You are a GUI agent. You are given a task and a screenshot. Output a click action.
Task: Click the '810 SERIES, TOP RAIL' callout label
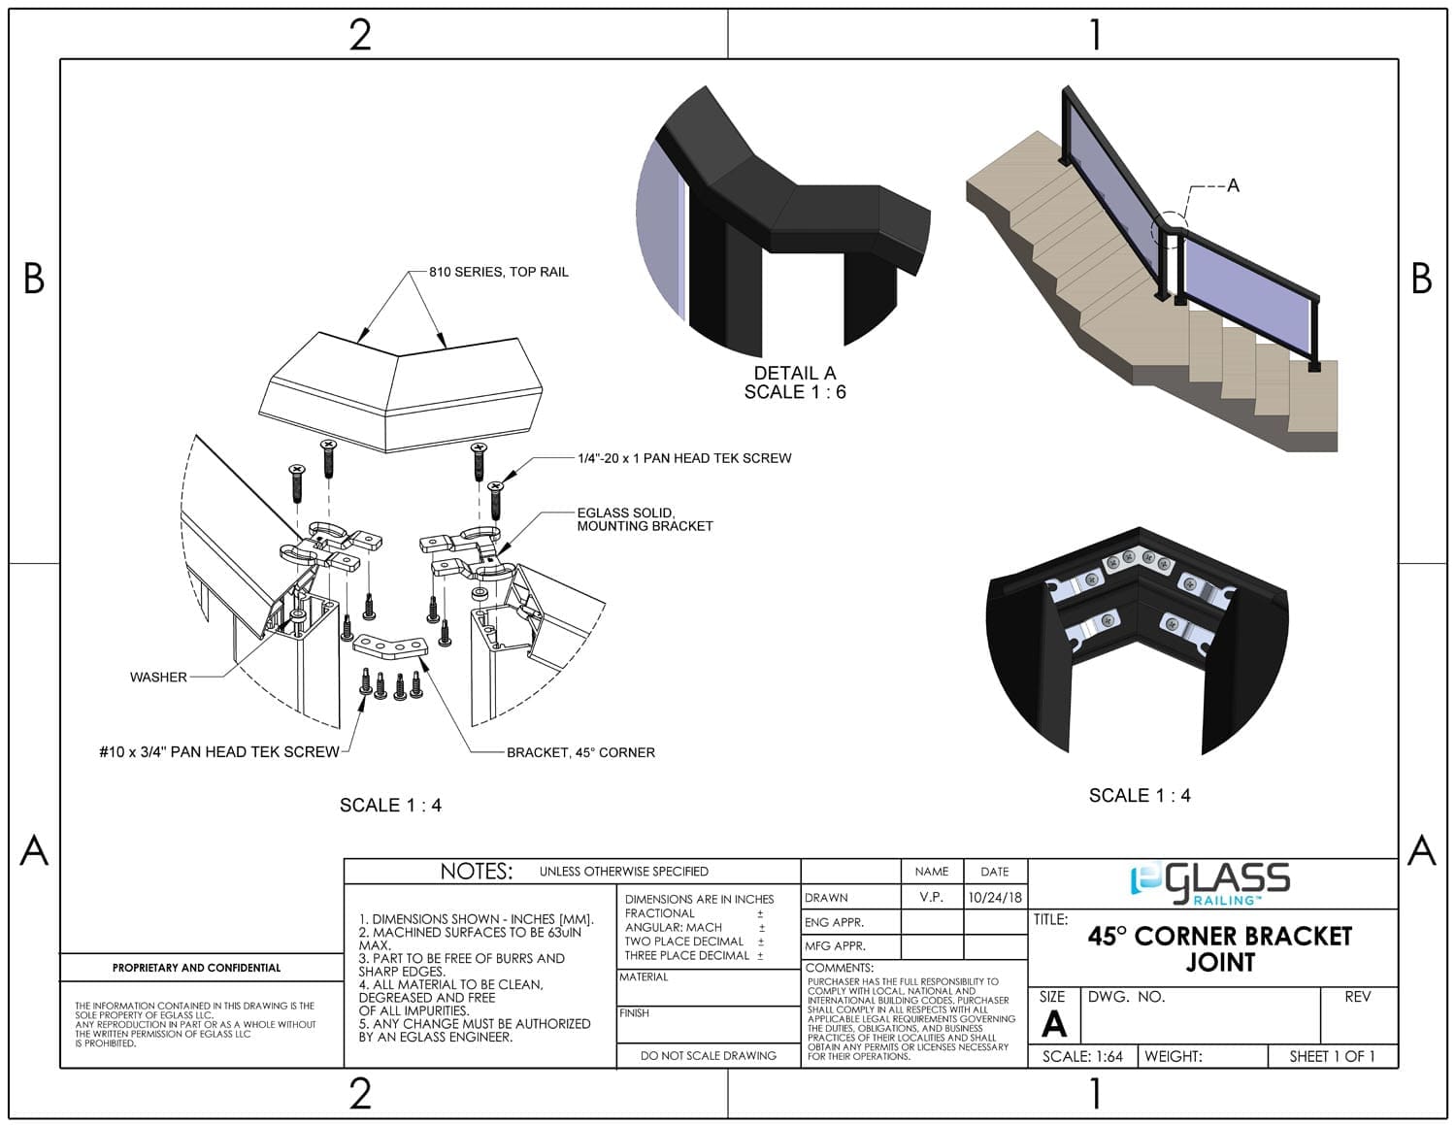499,272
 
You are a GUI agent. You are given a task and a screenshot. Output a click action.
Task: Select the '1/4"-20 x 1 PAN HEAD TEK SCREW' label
684,458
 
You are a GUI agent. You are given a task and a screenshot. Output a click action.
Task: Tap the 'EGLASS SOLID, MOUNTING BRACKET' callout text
645,519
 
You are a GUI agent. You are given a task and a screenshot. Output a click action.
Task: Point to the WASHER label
158,677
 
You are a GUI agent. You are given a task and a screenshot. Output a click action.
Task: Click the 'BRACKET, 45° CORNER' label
580,752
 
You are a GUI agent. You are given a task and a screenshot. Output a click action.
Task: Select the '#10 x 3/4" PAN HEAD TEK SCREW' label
219,752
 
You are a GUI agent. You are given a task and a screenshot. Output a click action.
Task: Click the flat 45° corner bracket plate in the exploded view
390,645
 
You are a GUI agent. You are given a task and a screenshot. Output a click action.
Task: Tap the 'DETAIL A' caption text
795,373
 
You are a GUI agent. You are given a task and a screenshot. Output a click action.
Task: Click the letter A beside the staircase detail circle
1233,185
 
